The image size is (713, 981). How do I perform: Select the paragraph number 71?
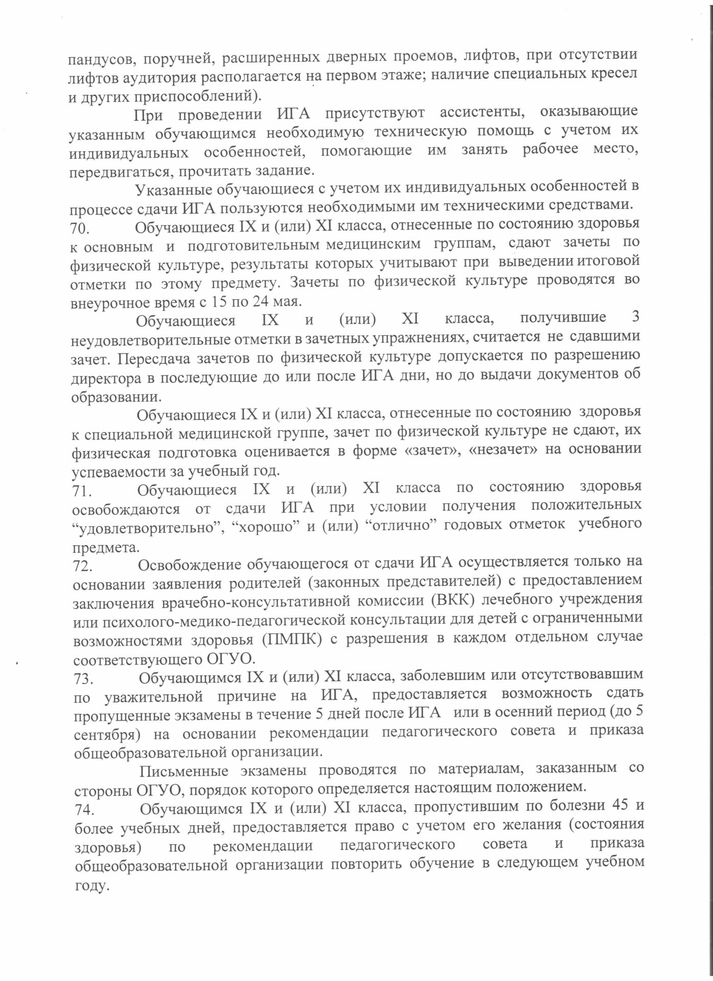click(x=82, y=491)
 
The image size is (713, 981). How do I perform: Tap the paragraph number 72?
click(x=83, y=566)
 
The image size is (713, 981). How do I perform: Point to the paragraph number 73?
click(x=83, y=679)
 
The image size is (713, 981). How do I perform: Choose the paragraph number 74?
click(x=84, y=810)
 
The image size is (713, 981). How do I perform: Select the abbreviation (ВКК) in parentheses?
click(x=449, y=599)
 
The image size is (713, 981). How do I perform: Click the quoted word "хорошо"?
click(x=265, y=526)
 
